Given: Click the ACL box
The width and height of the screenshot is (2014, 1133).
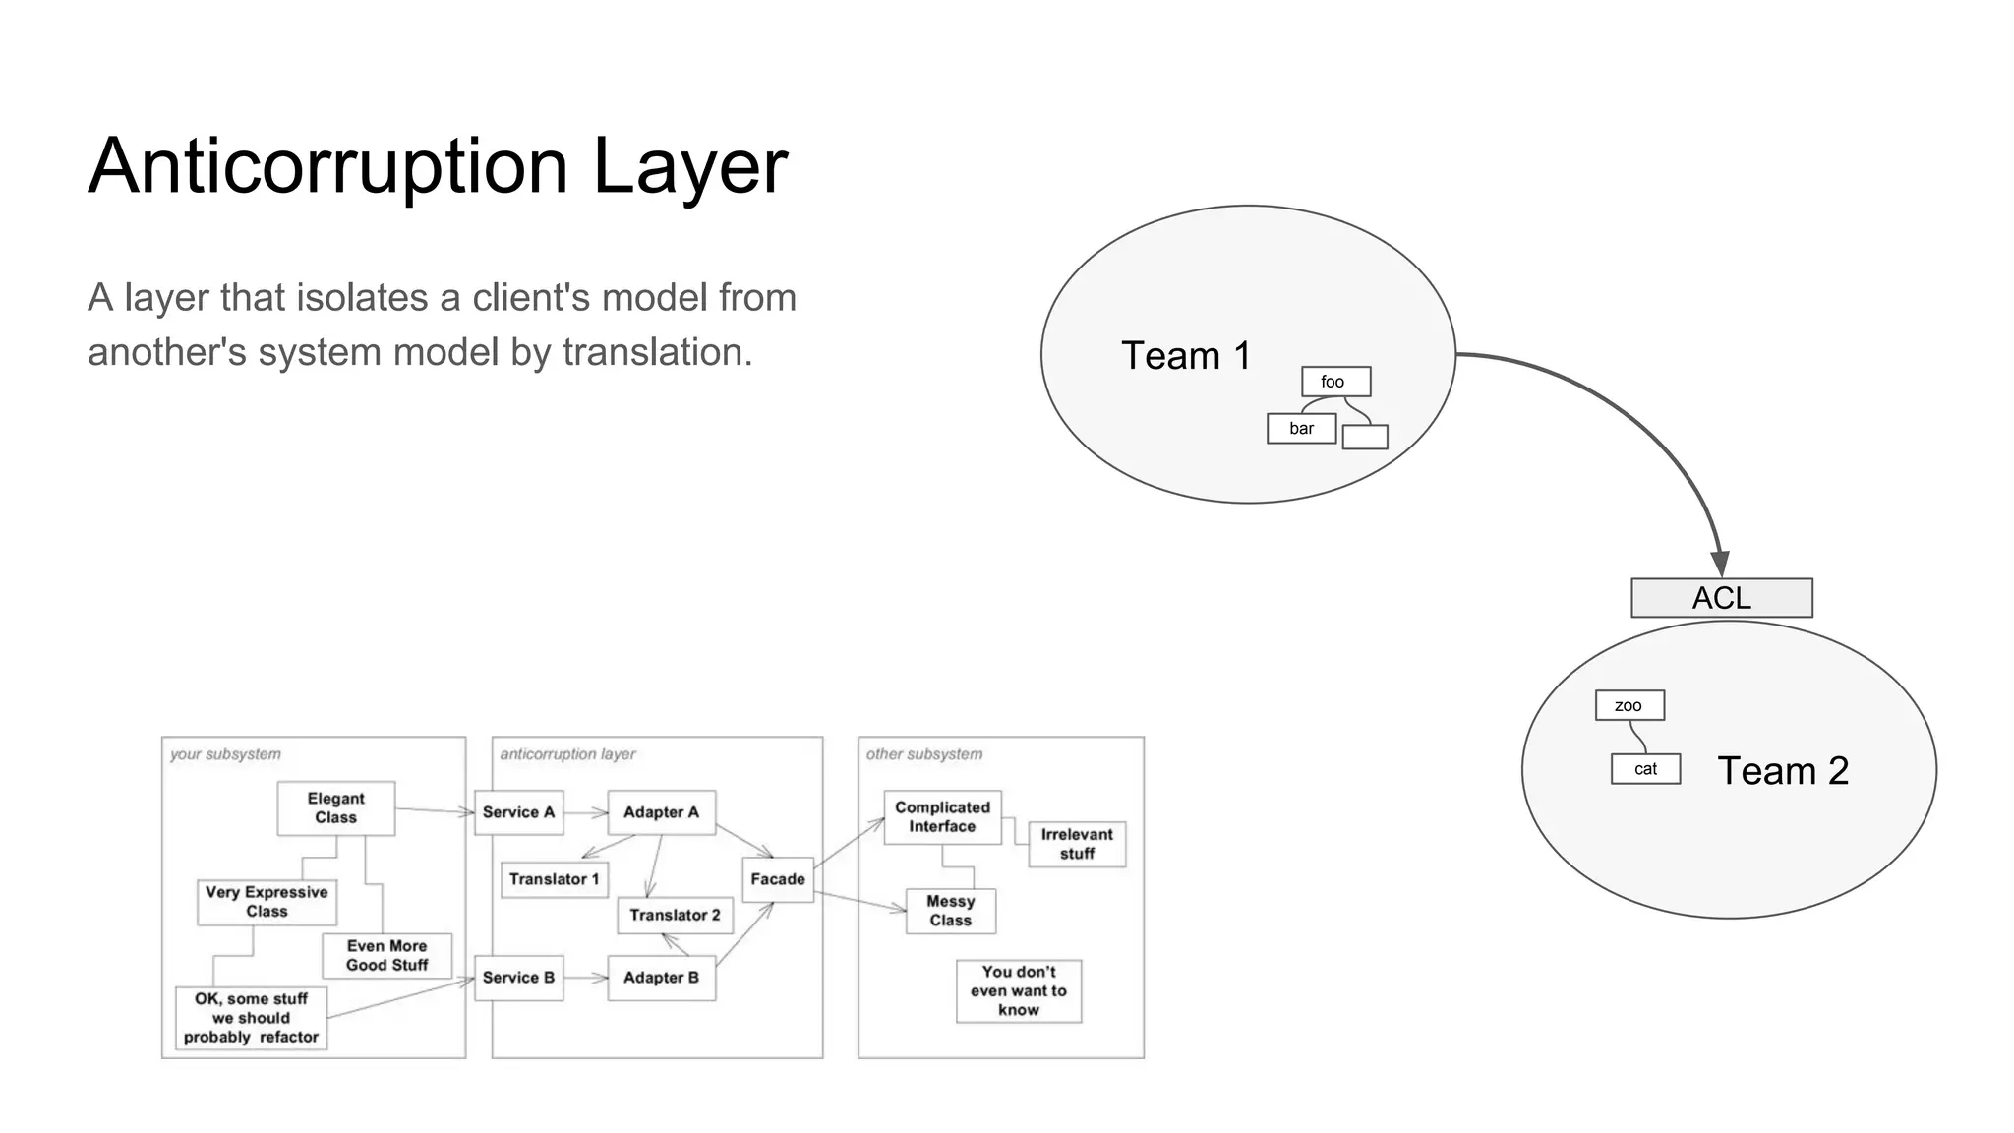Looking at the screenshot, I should (x=1721, y=598).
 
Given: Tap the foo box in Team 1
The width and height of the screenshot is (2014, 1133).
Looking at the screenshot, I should (x=1334, y=382).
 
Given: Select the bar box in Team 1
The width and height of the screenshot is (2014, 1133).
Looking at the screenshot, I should (x=1301, y=429).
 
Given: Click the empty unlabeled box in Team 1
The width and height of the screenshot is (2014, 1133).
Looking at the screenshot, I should (x=1364, y=437).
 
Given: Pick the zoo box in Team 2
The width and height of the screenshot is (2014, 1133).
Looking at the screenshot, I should (x=1629, y=705).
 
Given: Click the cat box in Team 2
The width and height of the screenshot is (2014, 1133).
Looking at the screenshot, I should (x=1645, y=769).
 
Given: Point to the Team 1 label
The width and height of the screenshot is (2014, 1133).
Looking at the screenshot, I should (x=1186, y=356).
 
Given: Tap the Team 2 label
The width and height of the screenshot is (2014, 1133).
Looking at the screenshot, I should (x=1782, y=771).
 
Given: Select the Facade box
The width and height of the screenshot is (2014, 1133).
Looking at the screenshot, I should (x=777, y=879).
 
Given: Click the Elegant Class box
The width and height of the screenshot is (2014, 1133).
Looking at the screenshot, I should (x=335, y=808).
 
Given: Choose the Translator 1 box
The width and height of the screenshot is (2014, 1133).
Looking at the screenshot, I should (x=554, y=879).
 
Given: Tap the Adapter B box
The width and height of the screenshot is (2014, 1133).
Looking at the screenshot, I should (x=661, y=978).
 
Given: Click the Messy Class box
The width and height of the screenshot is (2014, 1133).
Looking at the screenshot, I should (x=950, y=911).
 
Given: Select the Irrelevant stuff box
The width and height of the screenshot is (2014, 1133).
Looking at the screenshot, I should (x=1077, y=844).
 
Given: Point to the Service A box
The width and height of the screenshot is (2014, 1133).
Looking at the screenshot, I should (x=518, y=812).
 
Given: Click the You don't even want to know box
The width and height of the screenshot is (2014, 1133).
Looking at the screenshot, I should (x=1018, y=990).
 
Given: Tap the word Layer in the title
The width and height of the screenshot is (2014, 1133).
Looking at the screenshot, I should (x=689, y=167).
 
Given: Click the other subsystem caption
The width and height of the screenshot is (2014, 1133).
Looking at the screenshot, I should (x=923, y=754).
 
